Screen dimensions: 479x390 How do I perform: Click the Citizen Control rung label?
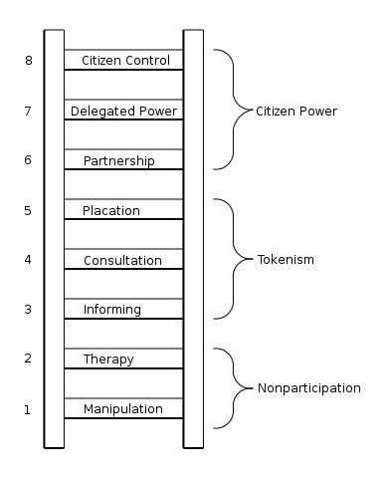[x=124, y=61]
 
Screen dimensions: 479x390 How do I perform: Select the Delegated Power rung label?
[x=124, y=112]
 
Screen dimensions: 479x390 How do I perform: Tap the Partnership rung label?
[x=118, y=160]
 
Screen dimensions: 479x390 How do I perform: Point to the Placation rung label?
[x=111, y=210]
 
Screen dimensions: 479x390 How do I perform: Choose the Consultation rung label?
[x=122, y=260]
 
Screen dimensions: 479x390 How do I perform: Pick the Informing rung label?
[x=111, y=310]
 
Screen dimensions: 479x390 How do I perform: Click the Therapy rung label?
[x=108, y=359]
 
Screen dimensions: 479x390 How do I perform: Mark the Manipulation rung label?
[x=122, y=409]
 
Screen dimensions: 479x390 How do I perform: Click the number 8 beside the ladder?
[x=28, y=61]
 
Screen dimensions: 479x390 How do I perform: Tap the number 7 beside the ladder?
[x=28, y=111]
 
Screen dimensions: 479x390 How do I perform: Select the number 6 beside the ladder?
[x=28, y=160]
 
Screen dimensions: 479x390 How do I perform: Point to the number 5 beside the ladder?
[x=28, y=210]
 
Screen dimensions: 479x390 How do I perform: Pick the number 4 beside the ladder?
[x=28, y=260]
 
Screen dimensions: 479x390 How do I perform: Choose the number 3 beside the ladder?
[x=28, y=310]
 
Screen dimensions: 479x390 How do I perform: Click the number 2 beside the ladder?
[x=28, y=359]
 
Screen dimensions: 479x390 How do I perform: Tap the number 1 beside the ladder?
[x=28, y=409]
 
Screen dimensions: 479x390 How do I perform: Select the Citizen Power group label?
[x=296, y=111]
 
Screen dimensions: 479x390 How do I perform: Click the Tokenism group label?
[x=285, y=260]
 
